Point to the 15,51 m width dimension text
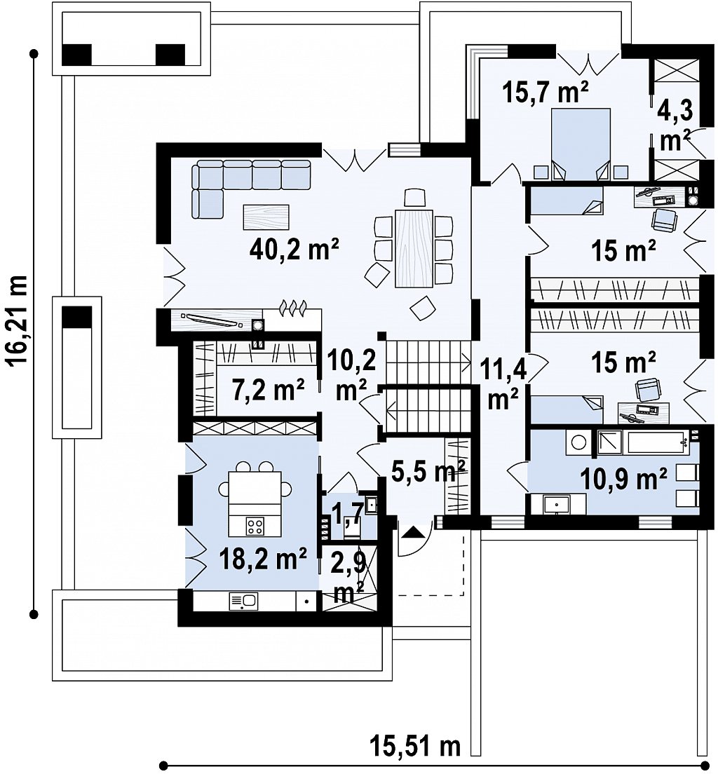415,747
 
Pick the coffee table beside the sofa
266,217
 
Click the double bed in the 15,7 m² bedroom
581,144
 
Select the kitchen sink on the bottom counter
243,601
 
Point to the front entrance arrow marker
413,532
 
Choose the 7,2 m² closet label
268,390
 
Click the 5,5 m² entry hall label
428,471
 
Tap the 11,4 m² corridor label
502,384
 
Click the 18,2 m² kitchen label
264,559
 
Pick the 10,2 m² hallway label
351,375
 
